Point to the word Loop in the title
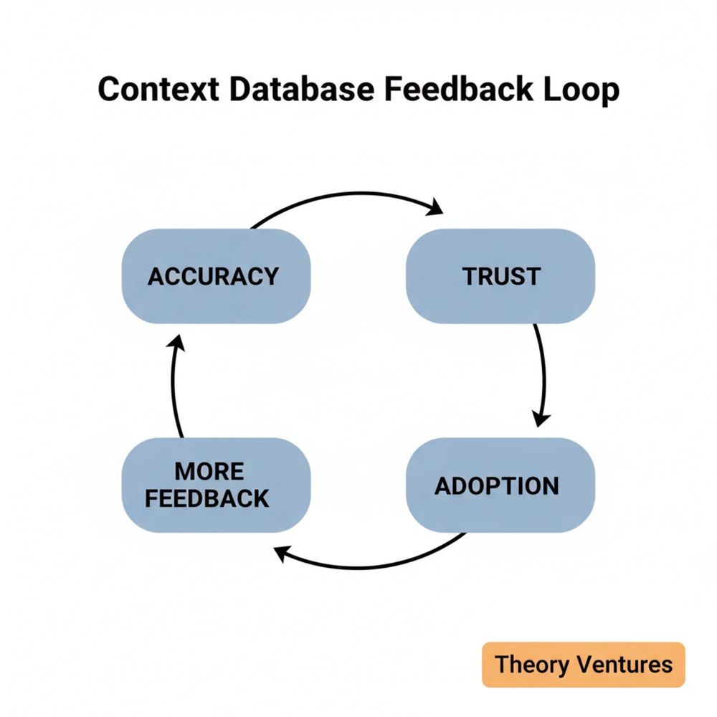tap(580, 91)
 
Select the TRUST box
tap(500, 276)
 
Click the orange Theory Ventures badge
tap(584, 664)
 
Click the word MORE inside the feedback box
tap(209, 472)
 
